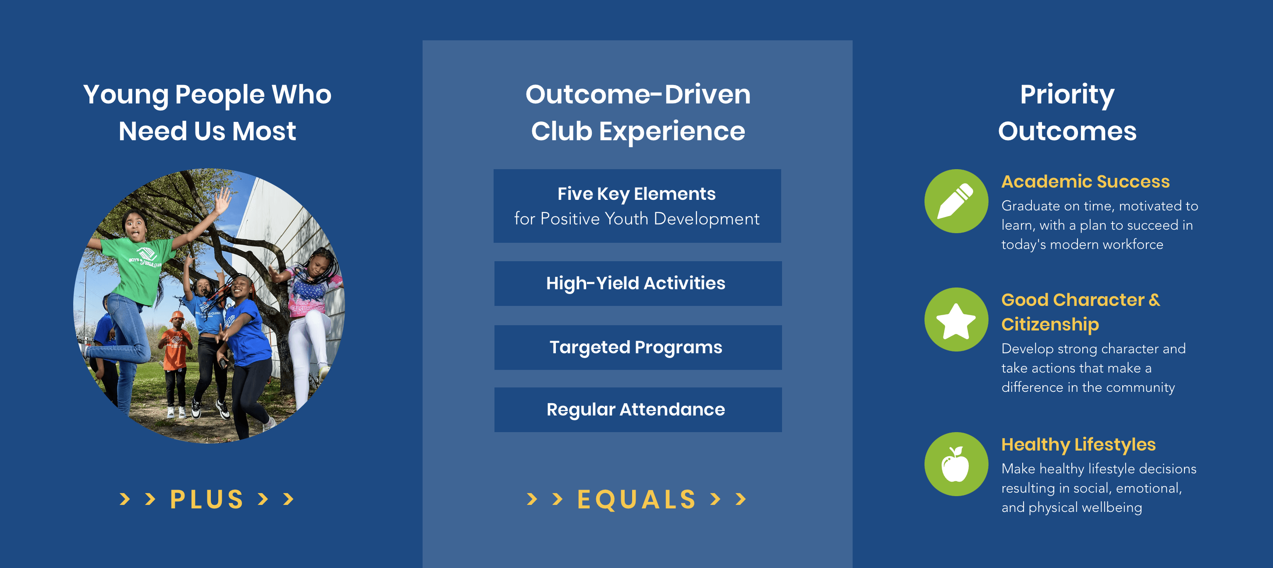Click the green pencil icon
point(956,201)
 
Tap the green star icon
point(956,319)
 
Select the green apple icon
point(956,464)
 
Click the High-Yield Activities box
point(637,284)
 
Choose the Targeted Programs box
point(637,347)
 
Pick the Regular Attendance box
point(637,409)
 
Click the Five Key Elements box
point(637,206)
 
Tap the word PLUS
point(206,499)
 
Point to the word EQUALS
point(636,499)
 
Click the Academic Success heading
point(1085,181)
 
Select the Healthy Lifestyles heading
point(1078,444)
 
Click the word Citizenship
point(1050,324)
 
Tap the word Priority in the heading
point(1067,94)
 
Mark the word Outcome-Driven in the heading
point(638,94)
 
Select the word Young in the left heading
point(126,95)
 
